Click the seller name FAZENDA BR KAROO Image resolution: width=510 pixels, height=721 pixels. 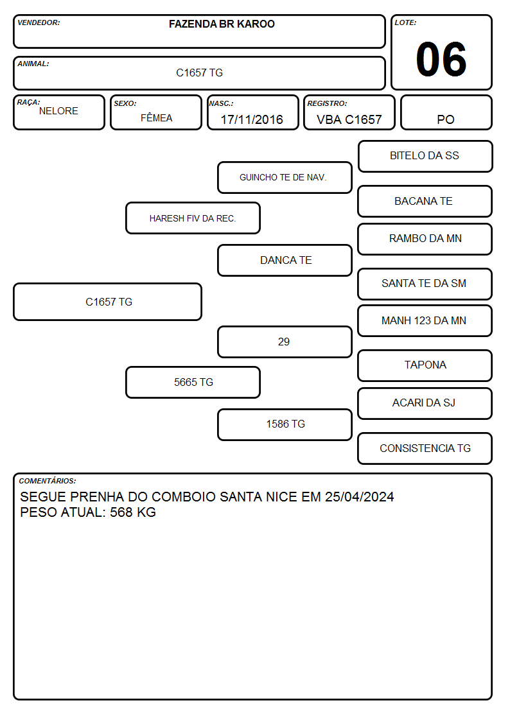point(222,24)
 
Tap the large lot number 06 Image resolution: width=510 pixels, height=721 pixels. point(441,59)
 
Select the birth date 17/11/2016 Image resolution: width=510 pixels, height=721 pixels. point(252,119)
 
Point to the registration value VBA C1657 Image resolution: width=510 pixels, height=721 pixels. point(349,119)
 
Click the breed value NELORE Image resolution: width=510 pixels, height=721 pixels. point(58,111)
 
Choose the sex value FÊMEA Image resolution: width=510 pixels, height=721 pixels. point(156,117)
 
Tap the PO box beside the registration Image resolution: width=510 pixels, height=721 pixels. point(446,112)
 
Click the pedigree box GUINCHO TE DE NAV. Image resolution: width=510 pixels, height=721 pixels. point(285,177)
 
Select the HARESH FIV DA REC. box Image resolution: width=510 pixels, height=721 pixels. point(193,218)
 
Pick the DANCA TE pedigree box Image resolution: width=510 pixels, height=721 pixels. point(285,260)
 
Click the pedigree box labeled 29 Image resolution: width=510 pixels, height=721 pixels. point(285,342)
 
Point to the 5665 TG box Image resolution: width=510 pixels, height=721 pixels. point(193,382)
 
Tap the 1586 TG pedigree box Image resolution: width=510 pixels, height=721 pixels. point(285,424)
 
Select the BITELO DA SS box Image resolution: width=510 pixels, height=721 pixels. point(425,157)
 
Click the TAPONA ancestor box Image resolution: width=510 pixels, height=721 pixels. point(425,365)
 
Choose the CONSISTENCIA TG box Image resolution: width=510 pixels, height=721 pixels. point(425,448)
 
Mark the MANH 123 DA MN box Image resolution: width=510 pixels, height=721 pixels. point(425,321)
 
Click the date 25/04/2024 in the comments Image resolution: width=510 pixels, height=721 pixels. point(360,496)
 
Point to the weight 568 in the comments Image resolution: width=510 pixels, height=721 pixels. point(121,512)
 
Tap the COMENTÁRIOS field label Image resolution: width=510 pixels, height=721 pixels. point(48,481)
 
